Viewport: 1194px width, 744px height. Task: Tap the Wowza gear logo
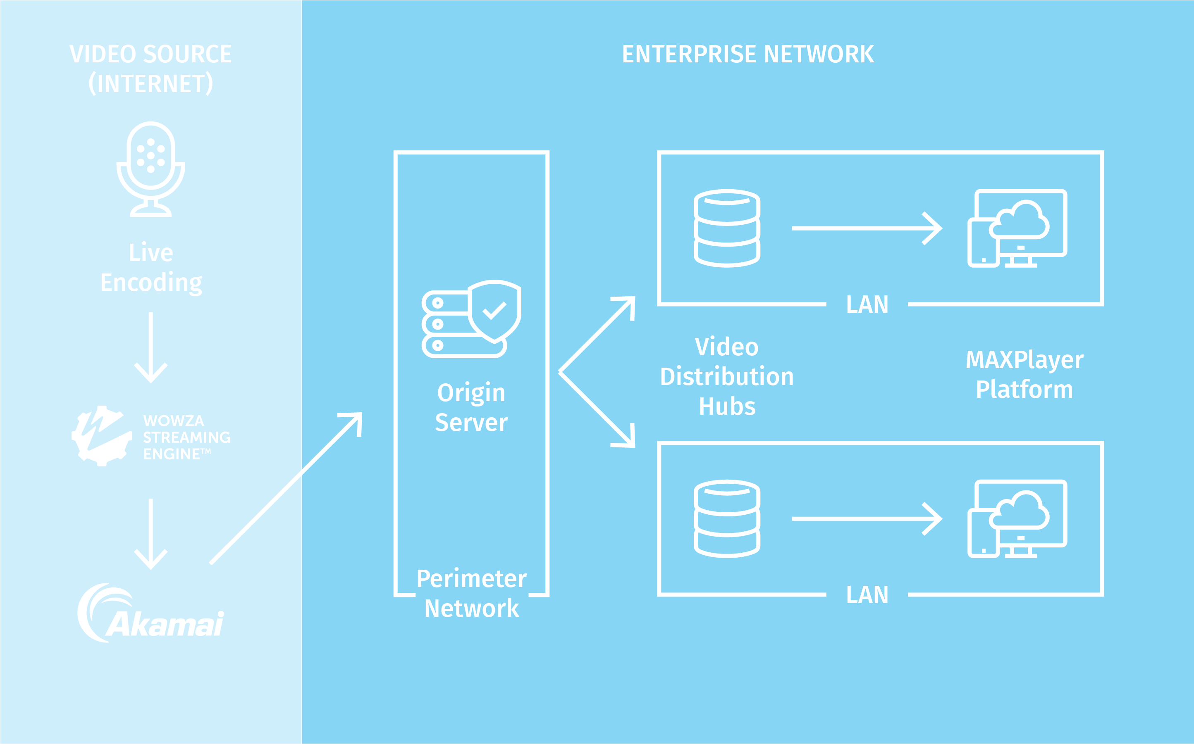coord(101,436)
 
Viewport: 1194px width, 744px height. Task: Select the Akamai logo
coord(150,613)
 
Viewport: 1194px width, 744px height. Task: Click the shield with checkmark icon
coord(494,311)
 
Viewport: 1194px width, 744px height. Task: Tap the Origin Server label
coord(471,407)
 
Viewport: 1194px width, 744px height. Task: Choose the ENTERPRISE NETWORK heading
coord(747,54)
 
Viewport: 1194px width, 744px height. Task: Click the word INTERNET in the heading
coord(150,83)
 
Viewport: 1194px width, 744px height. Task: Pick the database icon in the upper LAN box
coord(727,228)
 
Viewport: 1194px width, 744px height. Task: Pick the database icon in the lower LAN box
coord(727,518)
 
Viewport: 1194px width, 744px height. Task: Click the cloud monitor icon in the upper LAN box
coord(1017,228)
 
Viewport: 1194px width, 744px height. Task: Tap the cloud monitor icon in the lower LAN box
coord(1017,518)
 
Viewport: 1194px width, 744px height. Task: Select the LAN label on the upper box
coord(867,304)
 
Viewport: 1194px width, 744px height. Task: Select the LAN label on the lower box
coord(867,595)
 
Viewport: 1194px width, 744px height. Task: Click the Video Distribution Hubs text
coord(727,376)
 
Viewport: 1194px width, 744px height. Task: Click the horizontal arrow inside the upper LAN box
coord(867,228)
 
